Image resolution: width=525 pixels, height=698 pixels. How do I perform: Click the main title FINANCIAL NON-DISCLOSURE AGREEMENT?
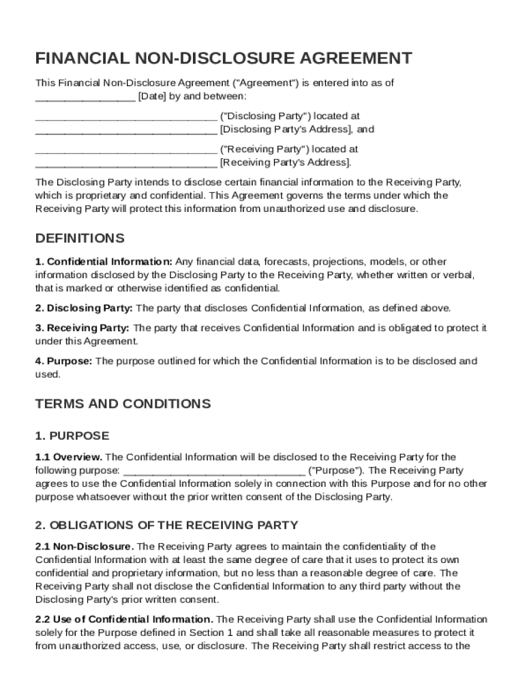click(x=224, y=57)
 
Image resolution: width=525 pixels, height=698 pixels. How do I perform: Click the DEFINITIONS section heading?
click(x=80, y=239)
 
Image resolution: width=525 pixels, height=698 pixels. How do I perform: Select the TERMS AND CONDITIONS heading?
click(x=123, y=404)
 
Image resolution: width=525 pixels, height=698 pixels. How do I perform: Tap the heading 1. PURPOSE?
click(x=72, y=436)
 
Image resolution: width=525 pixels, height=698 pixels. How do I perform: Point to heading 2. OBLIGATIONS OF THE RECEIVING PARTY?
click(x=166, y=525)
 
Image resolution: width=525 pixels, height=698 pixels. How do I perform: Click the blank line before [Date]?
click(x=85, y=96)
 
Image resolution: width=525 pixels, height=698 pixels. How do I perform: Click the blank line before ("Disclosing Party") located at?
click(x=125, y=116)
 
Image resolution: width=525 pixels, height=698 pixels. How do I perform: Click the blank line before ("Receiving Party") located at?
click(x=125, y=149)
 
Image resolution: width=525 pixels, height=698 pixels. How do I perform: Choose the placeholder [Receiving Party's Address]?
click(x=285, y=162)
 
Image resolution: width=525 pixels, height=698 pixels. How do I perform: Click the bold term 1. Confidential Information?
click(x=104, y=261)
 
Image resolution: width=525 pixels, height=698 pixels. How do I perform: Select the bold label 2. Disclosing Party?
click(x=84, y=307)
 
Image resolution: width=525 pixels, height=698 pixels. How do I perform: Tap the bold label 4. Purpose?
click(x=63, y=361)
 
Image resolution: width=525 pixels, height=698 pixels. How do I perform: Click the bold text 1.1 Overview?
click(x=68, y=457)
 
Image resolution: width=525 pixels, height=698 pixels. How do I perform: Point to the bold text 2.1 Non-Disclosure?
click(x=85, y=546)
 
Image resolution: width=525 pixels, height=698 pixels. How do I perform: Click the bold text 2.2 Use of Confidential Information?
click(x=124, y=619)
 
